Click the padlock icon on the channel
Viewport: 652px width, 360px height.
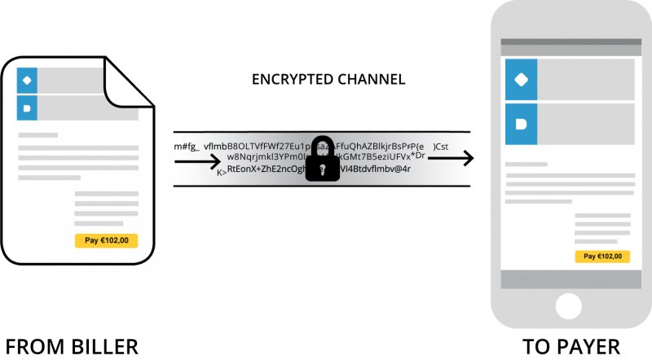(324, 160)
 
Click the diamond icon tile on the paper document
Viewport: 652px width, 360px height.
(28, 80)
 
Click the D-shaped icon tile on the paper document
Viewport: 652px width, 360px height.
(28, 108)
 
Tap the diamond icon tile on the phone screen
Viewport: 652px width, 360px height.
(521, 79)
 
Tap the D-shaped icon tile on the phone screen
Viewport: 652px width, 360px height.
(521, 125)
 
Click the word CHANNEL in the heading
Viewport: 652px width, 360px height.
(366, 81)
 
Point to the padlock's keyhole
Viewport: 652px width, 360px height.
(324, 169)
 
